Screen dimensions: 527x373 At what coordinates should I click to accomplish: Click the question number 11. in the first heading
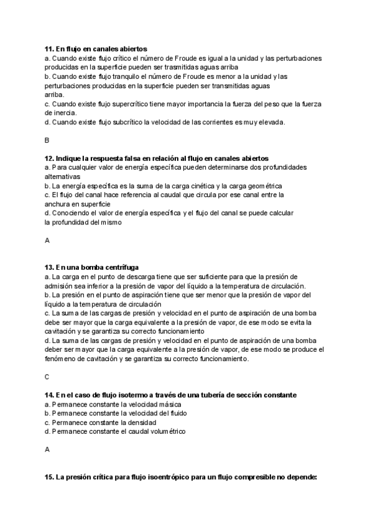point(49,48)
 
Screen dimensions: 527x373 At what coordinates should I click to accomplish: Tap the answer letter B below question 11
point(47,140)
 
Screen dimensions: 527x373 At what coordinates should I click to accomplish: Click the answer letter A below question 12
point(47,240)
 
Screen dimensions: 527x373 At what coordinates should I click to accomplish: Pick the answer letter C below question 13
point(47,377)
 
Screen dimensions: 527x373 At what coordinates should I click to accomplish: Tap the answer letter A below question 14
point(47,449)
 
